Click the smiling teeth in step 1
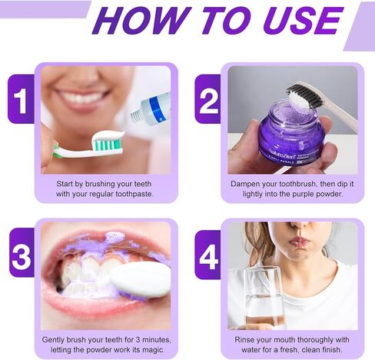click(82, 99)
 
